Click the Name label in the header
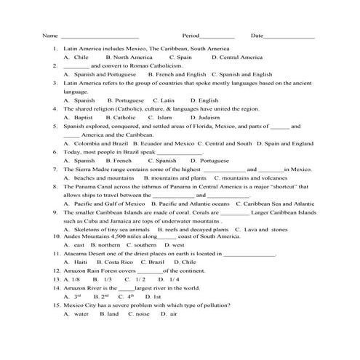50,36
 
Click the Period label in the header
191,36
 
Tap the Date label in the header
257,36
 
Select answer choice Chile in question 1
81,57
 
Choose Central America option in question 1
241,57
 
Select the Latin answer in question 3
167,100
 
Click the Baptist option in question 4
83,117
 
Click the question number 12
57,271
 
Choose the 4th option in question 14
130,297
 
